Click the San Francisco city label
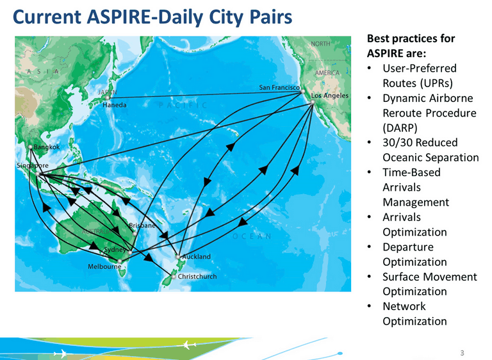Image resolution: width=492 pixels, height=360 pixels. pos(279,86)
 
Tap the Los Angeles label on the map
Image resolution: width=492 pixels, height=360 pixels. pos(330,95)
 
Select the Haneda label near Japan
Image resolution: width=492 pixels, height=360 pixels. pos(115,105)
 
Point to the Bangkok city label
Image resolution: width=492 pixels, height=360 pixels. pos(46,147)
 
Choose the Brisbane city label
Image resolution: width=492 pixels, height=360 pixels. pos(142,226)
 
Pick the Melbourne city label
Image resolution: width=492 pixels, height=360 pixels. pos(104,266)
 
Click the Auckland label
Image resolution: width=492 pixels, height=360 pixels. pos(196,257)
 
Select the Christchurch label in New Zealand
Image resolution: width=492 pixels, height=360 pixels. pos(197,277)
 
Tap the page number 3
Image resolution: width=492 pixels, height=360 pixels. pos(462,353)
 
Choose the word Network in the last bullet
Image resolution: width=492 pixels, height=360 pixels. pos(404,306)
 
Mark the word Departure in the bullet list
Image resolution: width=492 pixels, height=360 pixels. pos(407,247)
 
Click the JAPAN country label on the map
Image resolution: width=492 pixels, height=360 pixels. pos(108,92)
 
